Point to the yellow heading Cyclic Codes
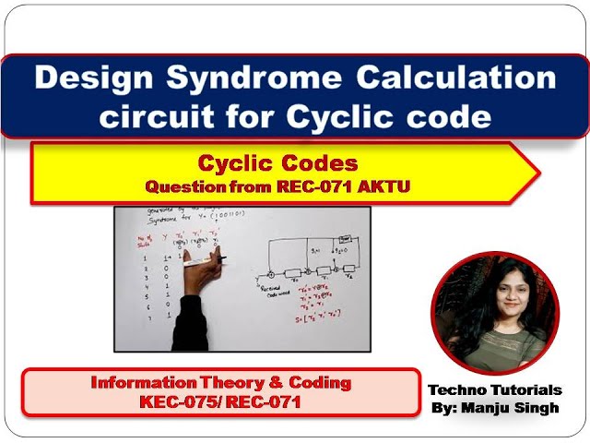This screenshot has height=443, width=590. coord(278,164)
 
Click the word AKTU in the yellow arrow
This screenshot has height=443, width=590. coord(390,186)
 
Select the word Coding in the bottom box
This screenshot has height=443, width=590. coord(323,382)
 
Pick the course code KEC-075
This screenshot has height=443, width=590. coord(175,402)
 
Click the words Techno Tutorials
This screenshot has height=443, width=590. coord(494,389)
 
